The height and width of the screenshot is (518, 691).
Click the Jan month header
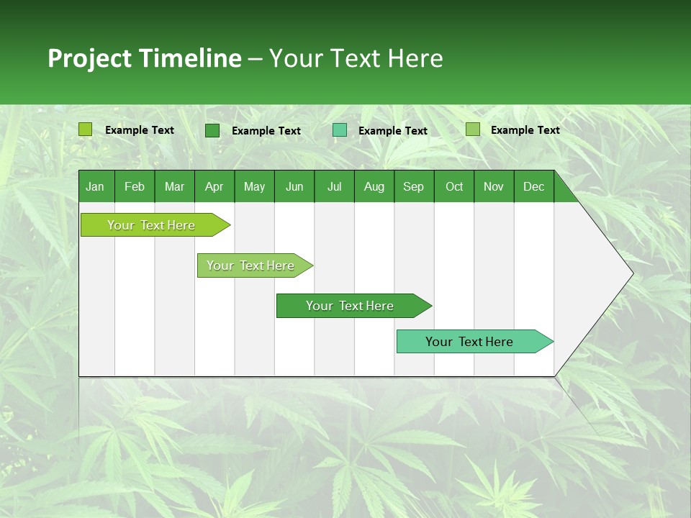coord(95,187)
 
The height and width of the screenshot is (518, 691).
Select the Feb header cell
coord(135,187)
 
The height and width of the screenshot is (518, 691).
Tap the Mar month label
coord(174,187)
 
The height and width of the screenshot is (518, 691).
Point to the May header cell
coord(254,187)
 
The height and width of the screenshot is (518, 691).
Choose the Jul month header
coord(334,187)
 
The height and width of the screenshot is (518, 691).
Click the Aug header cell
coord(374,187)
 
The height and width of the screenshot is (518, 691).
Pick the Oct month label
coord(454,187)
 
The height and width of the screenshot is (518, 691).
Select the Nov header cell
coord(494,187)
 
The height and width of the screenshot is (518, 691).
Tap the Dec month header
coord(533,187)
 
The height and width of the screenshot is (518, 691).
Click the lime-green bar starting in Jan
coord(151,225)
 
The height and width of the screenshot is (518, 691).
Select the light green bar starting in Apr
coord(250,265)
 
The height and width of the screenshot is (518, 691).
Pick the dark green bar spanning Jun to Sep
coord(350,306)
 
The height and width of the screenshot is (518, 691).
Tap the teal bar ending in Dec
coord(469,342)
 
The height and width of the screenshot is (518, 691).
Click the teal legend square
coord(340,130)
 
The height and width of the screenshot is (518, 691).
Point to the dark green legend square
coord(212,130)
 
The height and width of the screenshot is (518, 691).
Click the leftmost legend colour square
coord(86,129)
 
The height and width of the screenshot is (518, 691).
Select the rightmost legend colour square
coord(473,129)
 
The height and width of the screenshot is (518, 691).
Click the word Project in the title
coord(90,58)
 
